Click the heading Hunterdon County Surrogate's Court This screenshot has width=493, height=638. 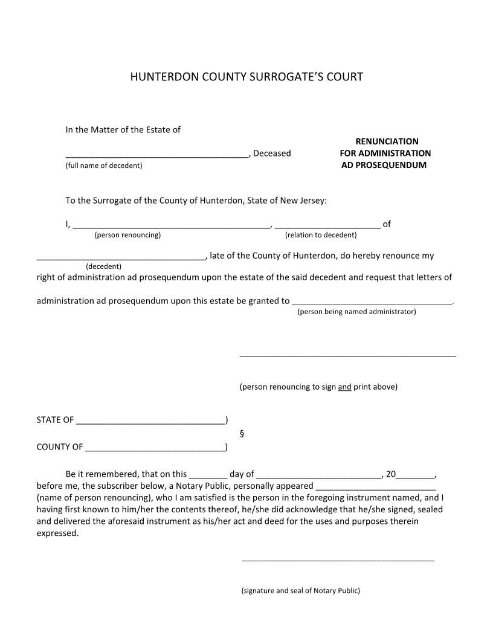pyautogui.click(x=246, y=77)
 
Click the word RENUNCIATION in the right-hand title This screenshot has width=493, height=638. pyautogui.click(x=387, y=141)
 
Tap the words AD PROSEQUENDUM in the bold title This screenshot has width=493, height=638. pyautogui.click(x=384, y=165)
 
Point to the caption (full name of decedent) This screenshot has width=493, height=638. pyautogui.click(x=104, y=166)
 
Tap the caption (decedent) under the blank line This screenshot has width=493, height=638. pyautogui.click(x=104, y=266)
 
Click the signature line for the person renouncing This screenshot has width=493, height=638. pyautogui.click(x=347, y=355)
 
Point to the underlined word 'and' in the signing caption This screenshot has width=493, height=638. pyautogui.click(x=344, y=387)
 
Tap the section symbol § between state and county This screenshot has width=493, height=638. pyautogui.click(x=242, y=433)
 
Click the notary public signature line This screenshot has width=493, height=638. pyautogui.click(x=338, y=560)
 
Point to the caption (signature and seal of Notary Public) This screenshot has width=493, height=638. pyautogui.click(x=300, y=590)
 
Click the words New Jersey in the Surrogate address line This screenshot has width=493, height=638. pyautogui.click(x=304, y=201)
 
